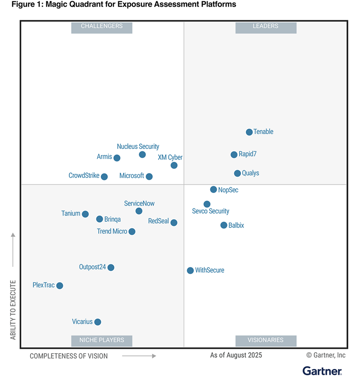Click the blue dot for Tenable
pos(249,132)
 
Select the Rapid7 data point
pos(234,155)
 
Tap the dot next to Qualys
pos(237,173)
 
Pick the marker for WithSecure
pos(190,271)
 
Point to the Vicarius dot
pos(97,322)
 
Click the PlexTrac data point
pos(60,286)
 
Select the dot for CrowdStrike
pos(104,177)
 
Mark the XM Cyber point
pos(174,165)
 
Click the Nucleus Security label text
pos(138,147)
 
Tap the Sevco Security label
pos(210,211)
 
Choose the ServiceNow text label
pos(139,203)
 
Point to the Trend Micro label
pos(112,231)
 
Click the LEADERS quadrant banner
pos(266,26)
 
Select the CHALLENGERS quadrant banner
pos(102,26)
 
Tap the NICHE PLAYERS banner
pos(102,340)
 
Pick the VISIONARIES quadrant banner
pos(266,340)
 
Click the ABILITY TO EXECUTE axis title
pos(13,310)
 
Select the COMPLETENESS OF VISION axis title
pos(69,356)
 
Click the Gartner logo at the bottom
pos(322,370)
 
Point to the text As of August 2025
pos(236,355)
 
